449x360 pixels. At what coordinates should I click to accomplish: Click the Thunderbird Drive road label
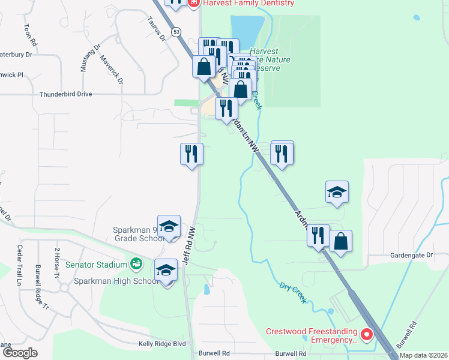pos(66,94)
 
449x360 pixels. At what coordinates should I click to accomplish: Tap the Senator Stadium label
pos(96,264)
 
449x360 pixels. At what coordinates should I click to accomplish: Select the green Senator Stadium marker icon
pos(137,263)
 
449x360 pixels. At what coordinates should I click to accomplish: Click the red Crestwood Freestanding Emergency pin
pos(366,334)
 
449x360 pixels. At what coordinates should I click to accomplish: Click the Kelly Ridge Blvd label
pos(162,344)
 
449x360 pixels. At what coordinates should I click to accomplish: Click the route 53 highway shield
pos(175,31)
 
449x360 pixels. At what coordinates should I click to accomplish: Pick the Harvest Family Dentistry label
pos(249,3)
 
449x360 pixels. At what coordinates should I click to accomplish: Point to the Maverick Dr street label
pos(112,69)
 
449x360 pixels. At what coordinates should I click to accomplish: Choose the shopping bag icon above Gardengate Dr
pos(340,241)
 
